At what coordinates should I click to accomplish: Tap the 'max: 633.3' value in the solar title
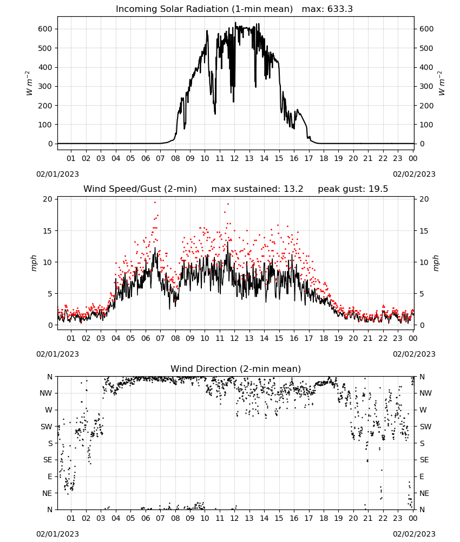(x=327, y=9)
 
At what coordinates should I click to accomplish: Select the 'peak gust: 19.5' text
(x=353, y=189)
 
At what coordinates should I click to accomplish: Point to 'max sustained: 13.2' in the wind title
(x=257, y=189)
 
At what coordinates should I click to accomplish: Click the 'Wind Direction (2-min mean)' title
(x=236, y=369)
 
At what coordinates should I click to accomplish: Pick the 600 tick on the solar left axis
(x=45, y=29)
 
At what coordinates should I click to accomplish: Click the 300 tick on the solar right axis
(x=426, y=86)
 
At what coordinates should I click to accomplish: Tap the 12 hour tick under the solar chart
(x=234, y=158)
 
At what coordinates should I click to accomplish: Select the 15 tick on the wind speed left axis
(x=48, y=231)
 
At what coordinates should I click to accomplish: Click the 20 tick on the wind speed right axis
(x=424, y=199)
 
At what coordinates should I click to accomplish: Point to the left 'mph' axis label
(x=34, y=263)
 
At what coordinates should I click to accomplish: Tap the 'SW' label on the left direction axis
(x=47, y=427)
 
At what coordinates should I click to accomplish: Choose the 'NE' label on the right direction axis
(x=424, y=493)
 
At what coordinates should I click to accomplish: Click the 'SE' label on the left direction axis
(x=48, y=460)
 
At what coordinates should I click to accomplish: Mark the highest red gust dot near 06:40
(x=155, y=203)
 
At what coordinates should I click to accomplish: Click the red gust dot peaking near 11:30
(x=228, y=204)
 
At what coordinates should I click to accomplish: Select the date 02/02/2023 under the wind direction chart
(x=414, y=534)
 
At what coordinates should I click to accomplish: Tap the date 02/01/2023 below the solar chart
(x=57, y=174)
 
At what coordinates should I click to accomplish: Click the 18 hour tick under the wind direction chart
(x=323, y=518)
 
